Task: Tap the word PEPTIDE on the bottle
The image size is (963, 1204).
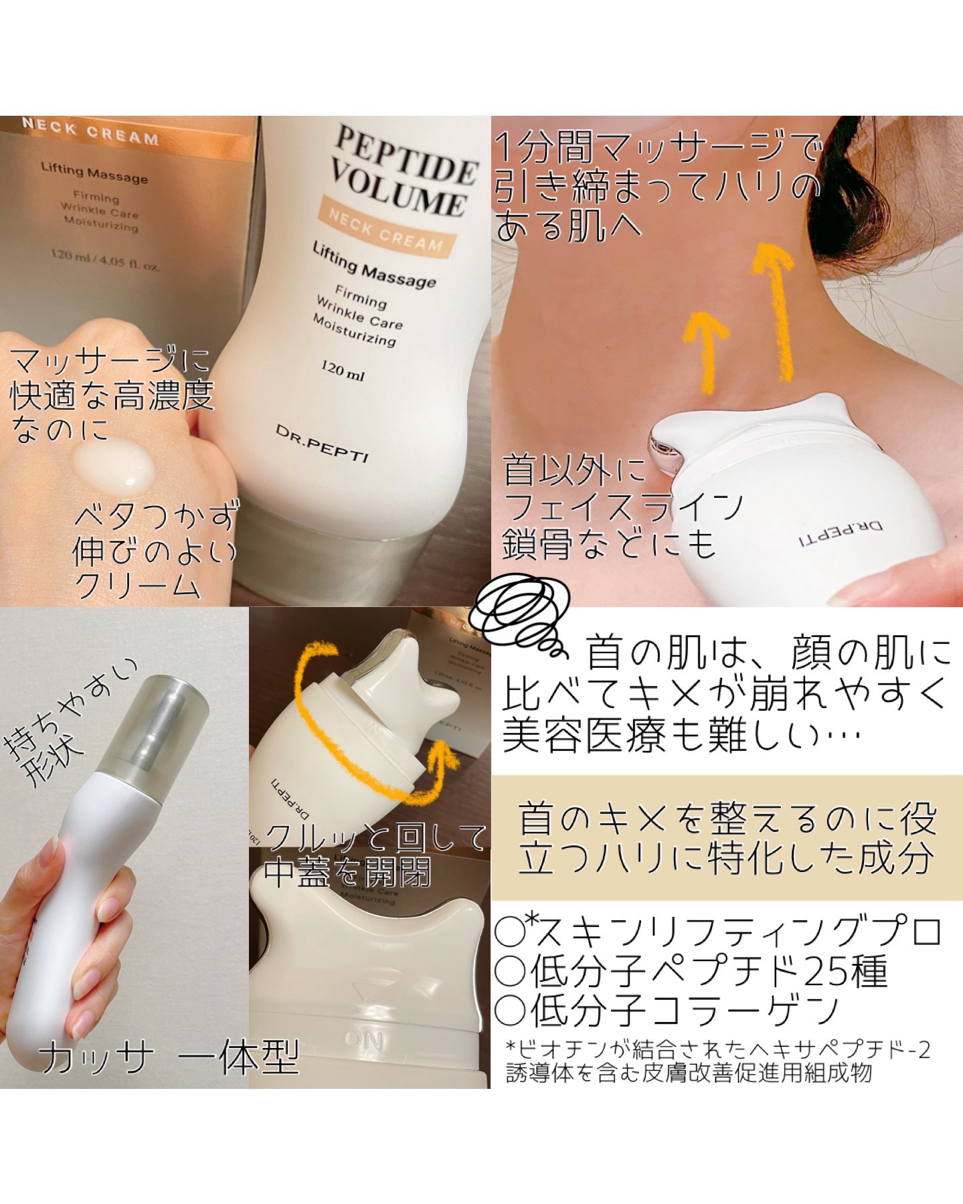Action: [x=404, y=155]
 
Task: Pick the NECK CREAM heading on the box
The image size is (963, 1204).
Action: [x=90, y=132]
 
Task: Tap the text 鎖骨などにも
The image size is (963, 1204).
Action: [x=610, y=543]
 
